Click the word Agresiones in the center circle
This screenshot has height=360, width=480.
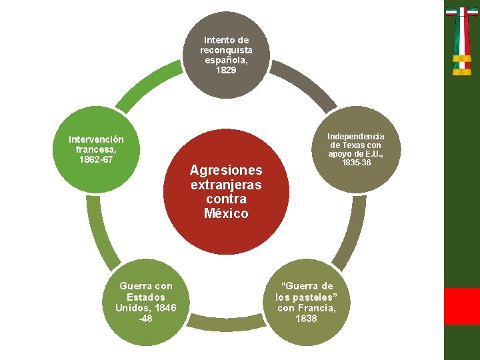point(226,170)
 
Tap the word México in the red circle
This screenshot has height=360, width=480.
point(226,214)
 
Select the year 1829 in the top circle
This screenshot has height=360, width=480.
point(226,70)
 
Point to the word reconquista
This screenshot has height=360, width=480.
point(226,50)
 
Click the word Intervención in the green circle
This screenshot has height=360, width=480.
point(96,139)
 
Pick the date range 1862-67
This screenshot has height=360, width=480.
point(96,161)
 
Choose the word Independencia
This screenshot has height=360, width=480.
point(355,136)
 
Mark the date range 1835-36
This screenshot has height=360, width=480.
point(355,163)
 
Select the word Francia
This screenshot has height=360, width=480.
point(317,308)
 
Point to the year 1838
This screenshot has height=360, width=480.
point(306,319)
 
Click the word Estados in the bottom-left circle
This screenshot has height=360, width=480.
point(146,297)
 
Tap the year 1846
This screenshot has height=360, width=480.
point(163,308)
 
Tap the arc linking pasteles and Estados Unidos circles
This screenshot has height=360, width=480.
point(227,325)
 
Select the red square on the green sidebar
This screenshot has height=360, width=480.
point(462,306)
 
